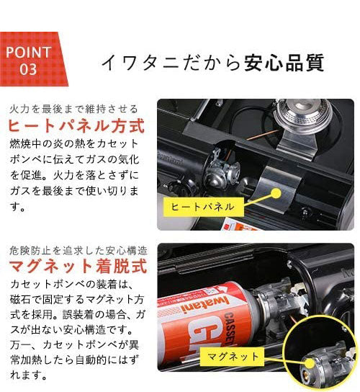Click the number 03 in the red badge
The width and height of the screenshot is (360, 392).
(x=28, y=69)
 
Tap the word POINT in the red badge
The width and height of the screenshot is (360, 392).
(x=28, y=52)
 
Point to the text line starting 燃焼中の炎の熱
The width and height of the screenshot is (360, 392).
(x=76, y=144)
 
